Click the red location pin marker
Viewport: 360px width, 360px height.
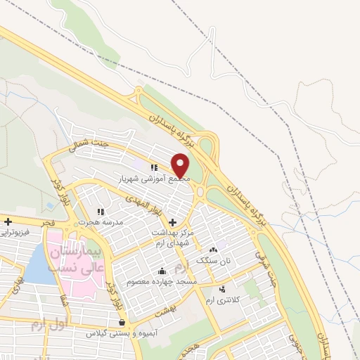(x=181, y=166)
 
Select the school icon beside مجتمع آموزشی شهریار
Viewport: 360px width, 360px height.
(x=154, y=167)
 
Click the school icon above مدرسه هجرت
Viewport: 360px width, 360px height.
(x=101, y=211)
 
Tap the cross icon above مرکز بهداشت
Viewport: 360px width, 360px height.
(x=172, y=221)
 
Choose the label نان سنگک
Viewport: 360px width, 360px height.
(x=213, y=260)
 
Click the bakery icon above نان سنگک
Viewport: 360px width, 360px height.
(x=214, y=250)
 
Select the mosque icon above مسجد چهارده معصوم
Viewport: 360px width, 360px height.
(x=162, y=271)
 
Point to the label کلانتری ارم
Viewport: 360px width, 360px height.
(x=224, y=300)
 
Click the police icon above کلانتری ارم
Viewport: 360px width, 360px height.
(x=223, y=289)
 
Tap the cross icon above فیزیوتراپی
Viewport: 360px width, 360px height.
(x=8, y=221)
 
